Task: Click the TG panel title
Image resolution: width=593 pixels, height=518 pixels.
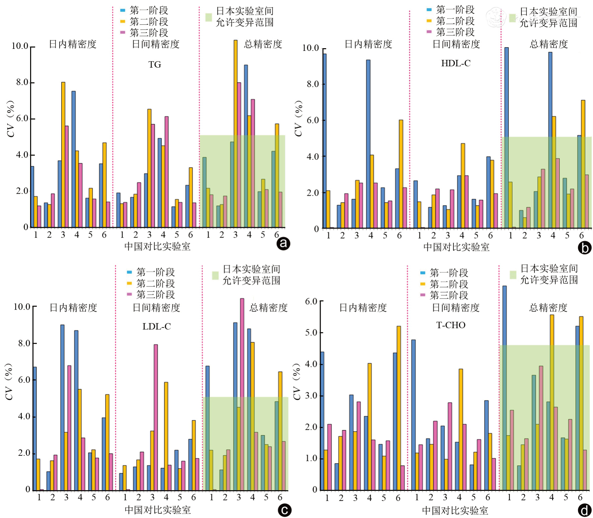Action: (155, 65)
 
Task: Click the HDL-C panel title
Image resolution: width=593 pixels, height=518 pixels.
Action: (455, 63)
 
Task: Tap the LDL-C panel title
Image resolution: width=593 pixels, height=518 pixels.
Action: (157, 327)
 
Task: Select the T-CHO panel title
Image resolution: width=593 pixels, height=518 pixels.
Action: (451, 325)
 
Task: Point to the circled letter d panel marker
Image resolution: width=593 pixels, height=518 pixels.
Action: (584, 511)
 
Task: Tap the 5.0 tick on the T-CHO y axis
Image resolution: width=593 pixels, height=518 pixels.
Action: (311, 333)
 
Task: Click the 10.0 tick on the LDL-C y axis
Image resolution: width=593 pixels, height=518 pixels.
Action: (22, 307)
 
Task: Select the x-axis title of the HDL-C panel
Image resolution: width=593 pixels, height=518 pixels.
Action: (456, 247)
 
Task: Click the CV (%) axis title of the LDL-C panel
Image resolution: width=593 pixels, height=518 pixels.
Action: (9, 381)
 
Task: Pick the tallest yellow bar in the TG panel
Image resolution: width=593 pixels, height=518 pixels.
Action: (236, 134)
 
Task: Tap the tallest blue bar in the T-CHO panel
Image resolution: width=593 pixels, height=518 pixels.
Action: (504, 388)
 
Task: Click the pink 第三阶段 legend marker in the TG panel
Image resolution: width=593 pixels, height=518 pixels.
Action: (123, 32)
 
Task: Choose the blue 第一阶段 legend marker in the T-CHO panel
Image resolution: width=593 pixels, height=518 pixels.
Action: (423, 273)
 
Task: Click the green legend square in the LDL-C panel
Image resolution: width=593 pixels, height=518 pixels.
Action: (215, 275)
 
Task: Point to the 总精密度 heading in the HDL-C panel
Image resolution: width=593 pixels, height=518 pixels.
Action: (548, 44)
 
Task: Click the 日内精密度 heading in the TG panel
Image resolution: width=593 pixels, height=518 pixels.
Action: (73, 44)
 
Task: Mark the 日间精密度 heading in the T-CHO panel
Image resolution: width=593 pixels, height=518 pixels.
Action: (455, 308)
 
